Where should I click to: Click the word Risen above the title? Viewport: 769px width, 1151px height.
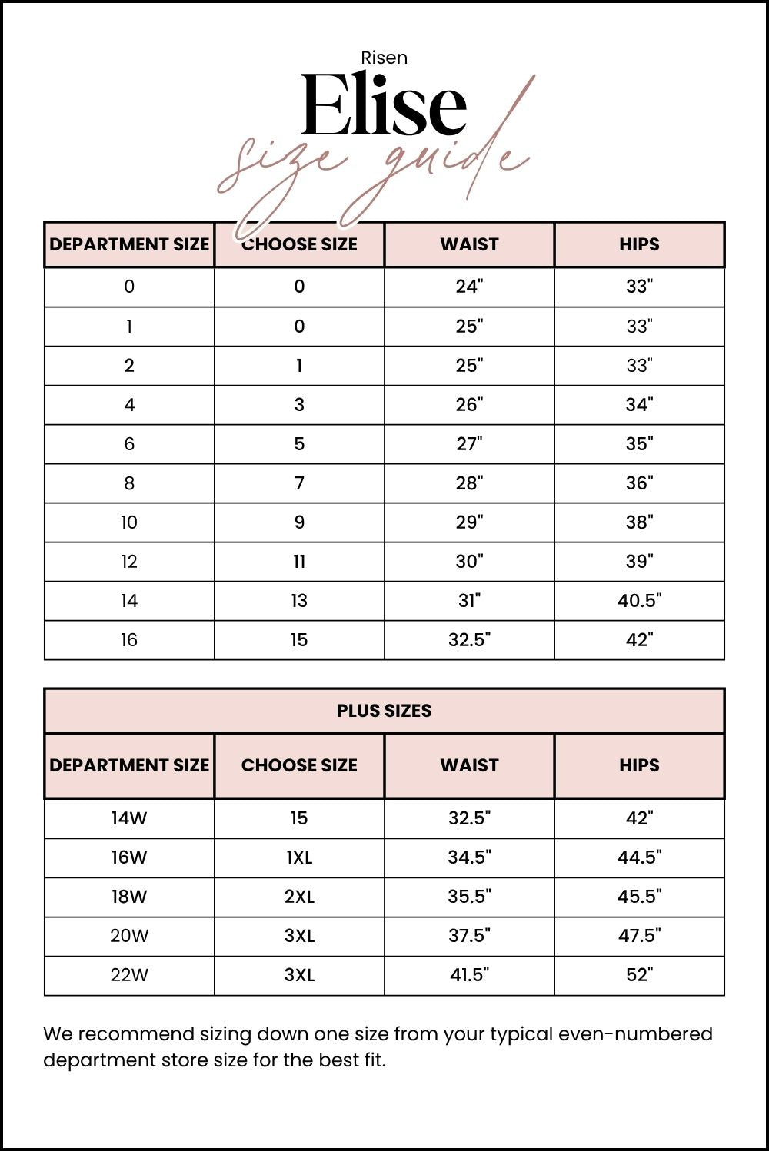[x=384, y=58]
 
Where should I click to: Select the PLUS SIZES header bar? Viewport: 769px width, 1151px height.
[x=384, y=711]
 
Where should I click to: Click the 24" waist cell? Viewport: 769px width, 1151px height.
[x=469, y=287]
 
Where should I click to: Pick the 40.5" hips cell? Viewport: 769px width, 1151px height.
[x=639, y=601]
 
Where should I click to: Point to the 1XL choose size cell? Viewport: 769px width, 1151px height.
[x=299, y=857]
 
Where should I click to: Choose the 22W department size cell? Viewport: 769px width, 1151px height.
[x=129, y=975]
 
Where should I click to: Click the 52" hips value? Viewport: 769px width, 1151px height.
[x=639, y=975]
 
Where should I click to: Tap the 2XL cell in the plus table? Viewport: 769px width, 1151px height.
[x=299, y=897]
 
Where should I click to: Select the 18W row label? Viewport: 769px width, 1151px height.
[x=129, y=897]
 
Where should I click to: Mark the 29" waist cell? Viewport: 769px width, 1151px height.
[x=469, y=522]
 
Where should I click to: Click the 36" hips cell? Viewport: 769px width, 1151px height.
[x=639, y=483]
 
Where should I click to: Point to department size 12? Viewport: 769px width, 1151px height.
[x=129, y=562]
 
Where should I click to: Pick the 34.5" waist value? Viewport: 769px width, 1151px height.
[x=469, y=857]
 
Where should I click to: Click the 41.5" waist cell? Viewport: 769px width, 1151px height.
[x=469, y=975]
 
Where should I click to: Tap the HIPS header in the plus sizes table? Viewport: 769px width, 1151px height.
[x=639, y=765]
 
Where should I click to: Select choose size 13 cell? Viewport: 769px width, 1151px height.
[x=299, y=601]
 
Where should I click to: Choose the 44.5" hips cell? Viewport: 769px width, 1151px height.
[x=639, y=857]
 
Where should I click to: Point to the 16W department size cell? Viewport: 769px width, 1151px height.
[x=129, y=857]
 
